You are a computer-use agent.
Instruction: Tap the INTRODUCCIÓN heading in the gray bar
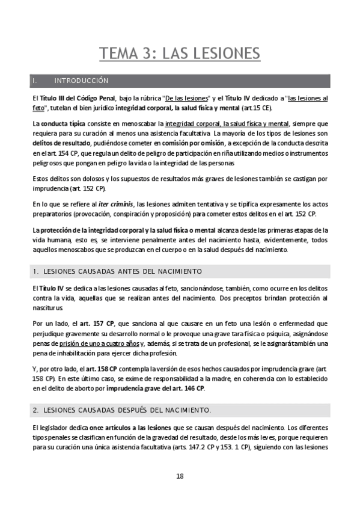coord(81,81)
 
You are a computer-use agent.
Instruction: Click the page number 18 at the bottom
coord(180,476)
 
